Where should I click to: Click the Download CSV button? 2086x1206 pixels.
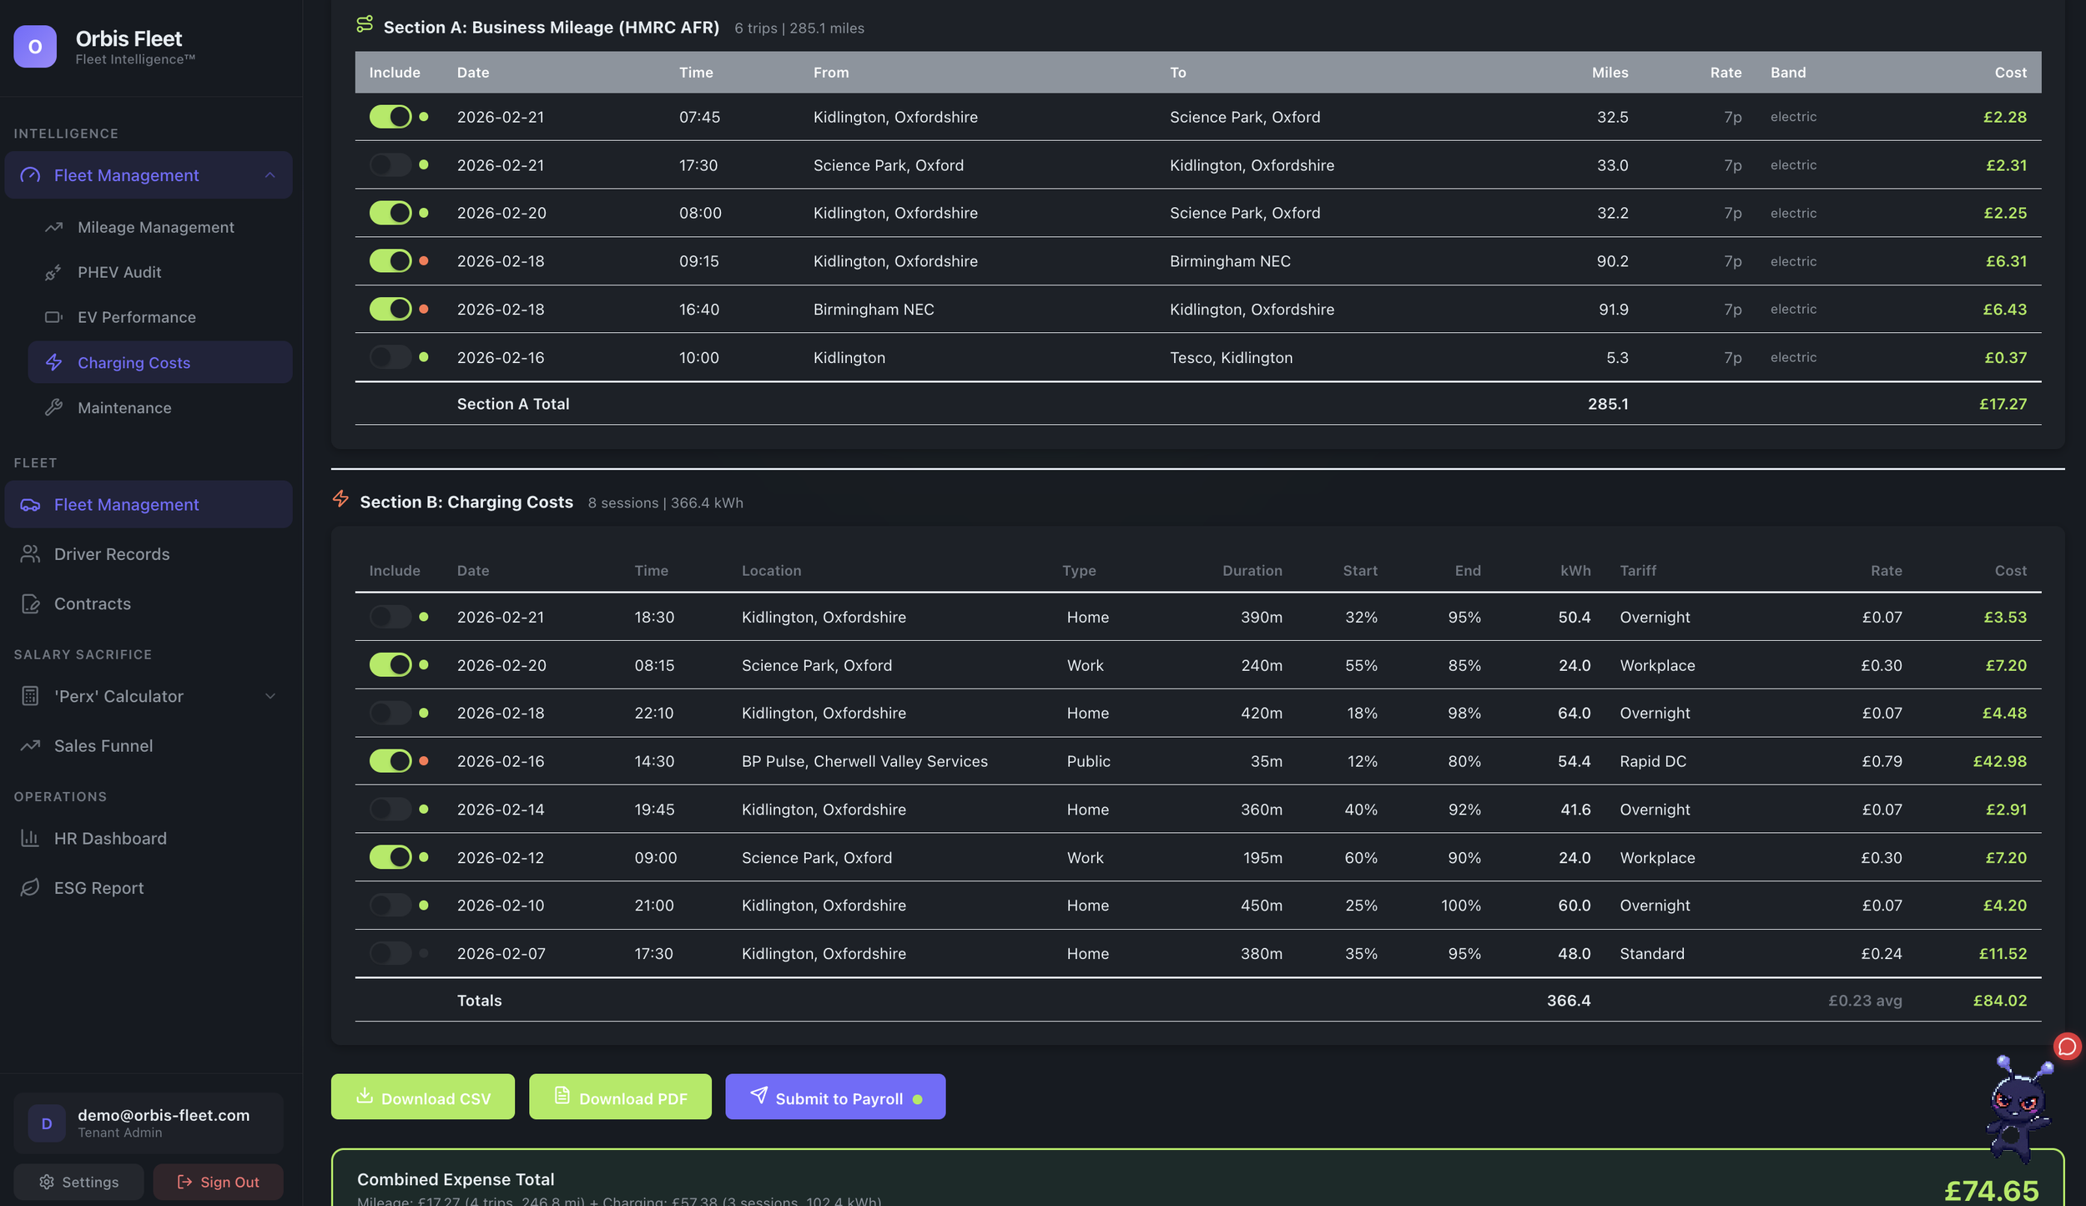tap(422, 1097)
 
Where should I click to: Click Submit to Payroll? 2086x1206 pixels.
tap(834, 1097)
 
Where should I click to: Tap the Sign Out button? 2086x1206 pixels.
tap(218, 1182)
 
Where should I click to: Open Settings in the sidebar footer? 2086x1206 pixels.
tap(78, 1182)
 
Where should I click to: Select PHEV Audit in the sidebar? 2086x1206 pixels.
tap(119, 272)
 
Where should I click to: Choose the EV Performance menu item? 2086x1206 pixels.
tap(136, 317)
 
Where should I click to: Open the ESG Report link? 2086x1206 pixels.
tap(98, 888)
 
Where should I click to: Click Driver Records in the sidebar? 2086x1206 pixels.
tap(111, 554)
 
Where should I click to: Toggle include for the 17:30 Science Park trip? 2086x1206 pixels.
tap(390, 165)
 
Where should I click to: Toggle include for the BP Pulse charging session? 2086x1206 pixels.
tap(390, 761)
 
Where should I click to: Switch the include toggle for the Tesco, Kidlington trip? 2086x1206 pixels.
tap(390, 357)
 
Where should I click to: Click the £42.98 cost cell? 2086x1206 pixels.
tap(1999, 761)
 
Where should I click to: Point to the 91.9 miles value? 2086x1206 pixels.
tap(1613, 310)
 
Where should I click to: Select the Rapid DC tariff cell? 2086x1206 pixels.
tap(1652, 761)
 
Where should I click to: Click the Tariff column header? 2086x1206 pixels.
tap(1638, 571)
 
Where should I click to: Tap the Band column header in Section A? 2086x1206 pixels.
tap(1787, 73)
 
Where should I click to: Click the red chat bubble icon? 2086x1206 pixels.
tap(2067, 1047)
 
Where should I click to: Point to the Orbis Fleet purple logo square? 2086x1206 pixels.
tap(35, 47)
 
